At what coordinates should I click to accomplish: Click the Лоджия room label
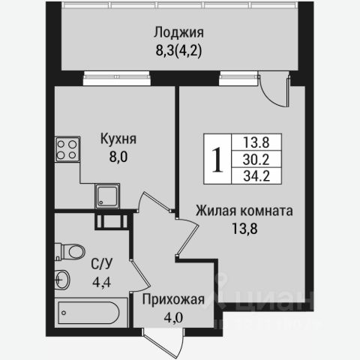(178, 32)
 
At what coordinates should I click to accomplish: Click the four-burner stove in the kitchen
(64, 148)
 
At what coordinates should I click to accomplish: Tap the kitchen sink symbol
(104, 196)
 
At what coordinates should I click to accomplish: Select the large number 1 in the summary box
(218, 159)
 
